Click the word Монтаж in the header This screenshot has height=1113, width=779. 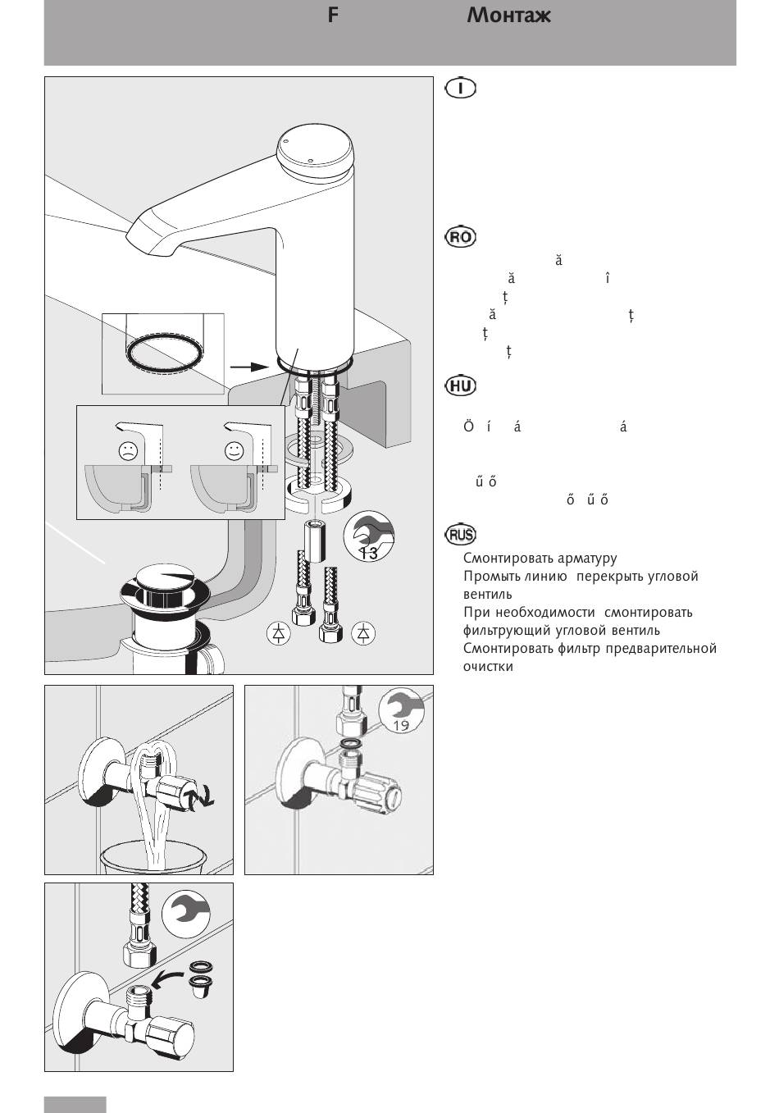click(508, 16)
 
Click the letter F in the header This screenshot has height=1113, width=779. click(332, 16)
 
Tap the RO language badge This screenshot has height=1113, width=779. click(460, 238)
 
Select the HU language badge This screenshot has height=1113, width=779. click(460, 385)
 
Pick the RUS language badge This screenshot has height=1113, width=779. click(461, 535)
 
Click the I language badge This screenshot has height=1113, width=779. click(461, 88)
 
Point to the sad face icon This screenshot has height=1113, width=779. click(128, 449)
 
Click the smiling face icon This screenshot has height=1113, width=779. click(235, 449)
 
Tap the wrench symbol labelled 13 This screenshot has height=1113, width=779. click(368, 537)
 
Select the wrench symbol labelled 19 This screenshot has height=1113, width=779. click(400, 709)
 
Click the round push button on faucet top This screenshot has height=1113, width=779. click(316, 149)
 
